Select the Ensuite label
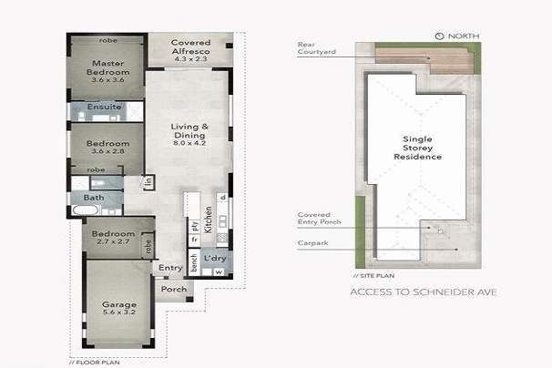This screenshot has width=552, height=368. point(107,107)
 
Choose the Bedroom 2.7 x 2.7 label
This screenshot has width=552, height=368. point(112,237)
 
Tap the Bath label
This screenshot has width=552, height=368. point(94,197)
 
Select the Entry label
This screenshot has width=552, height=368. point(170,268)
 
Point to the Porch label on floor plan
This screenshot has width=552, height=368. point(174,290)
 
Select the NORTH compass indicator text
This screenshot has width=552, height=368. point(459,36)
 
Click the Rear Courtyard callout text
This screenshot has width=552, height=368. point(317,47)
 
